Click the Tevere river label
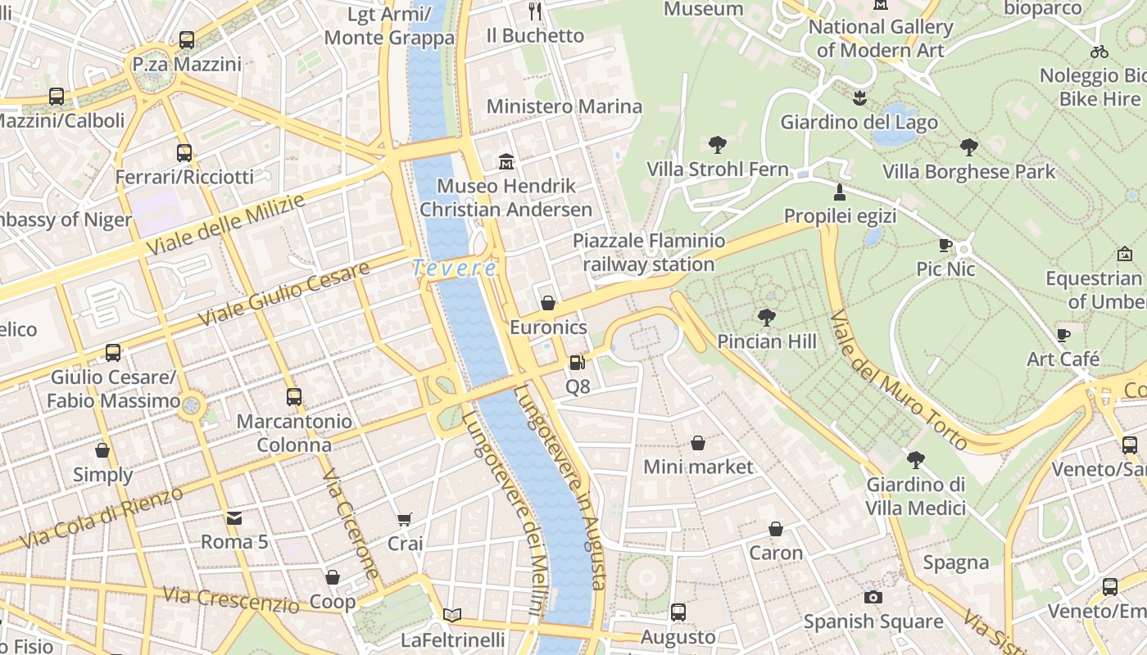coord(454,269)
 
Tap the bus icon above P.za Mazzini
coord(187,39)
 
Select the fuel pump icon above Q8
coord(577,362)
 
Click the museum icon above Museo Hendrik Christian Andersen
coord(506,161)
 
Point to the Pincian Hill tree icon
coord(767,317)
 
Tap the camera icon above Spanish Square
coord(873,597)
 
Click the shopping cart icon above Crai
coord(404,519)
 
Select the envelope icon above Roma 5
coord(234,517)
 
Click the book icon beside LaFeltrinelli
coord(452,615)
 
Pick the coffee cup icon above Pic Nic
coord(945,245)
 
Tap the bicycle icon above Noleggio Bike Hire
coord(1099,52)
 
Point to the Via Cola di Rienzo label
coord(102,518)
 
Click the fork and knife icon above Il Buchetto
coord(535,11)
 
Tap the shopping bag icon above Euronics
coord(548,303)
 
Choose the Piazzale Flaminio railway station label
coord(649,252)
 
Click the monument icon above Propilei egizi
coord(839,192)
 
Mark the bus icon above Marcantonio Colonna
coord(294,397)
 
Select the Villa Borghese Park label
coord(969,172)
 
